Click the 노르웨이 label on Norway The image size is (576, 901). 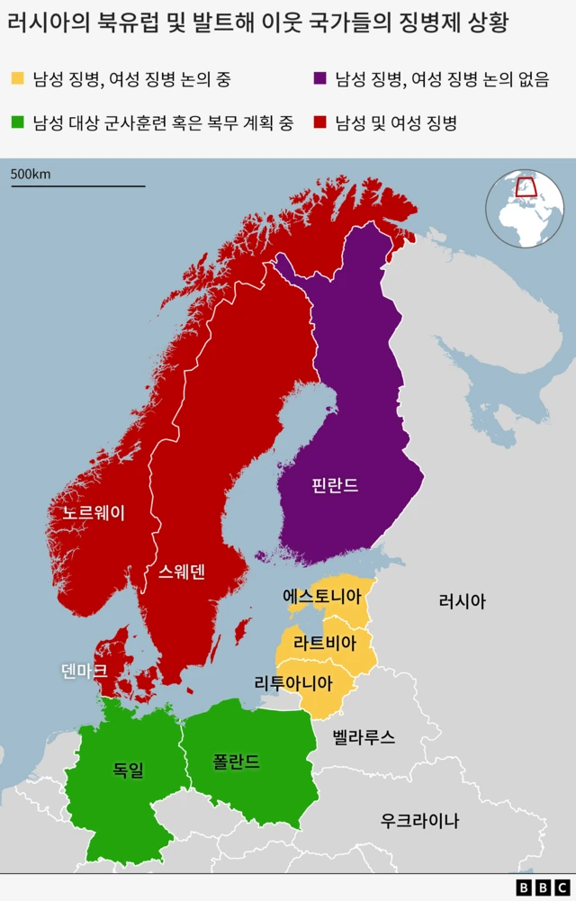click(x=94, y=513)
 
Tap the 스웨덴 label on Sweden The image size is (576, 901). click(x=182, y=572)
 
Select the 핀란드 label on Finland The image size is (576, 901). click(x=335, y=485)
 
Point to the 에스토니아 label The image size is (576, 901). click(x=322, y=596)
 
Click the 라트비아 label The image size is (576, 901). click(x=325, y=644)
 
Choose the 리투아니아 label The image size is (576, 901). click(x=293, y=682)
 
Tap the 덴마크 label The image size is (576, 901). click(x=85, y=671)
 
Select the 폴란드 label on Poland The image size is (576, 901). click(x=237, y=761)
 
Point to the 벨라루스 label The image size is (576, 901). click(x=364, y=737)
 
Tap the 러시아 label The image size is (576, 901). click(x=462, y=601)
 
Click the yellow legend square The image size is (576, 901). click(x=18, y=79)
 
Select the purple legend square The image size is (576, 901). click(x=319, y=79)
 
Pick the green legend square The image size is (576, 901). click(x=18, y=122)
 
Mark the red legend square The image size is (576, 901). click(x=319, y=122)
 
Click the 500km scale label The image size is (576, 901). click(x=31, y=174)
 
